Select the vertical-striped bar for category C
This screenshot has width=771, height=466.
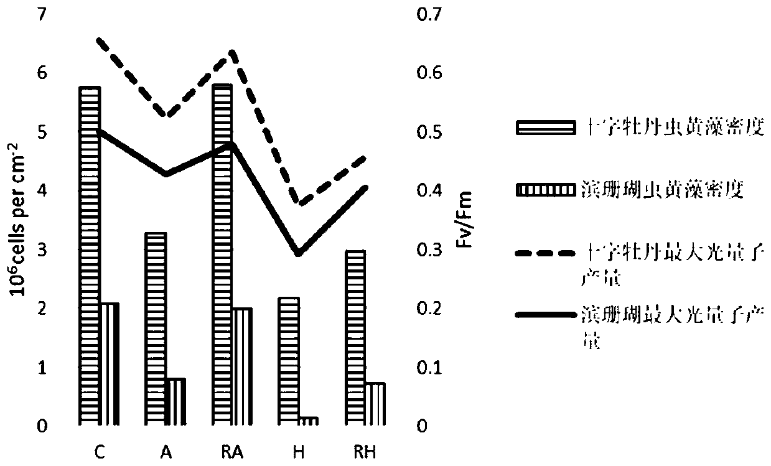tap(109, 364)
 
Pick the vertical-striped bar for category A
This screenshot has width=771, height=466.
tap(176, 402)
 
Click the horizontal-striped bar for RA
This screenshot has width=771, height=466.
tap(223, 254)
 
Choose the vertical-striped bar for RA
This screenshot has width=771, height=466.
tap(243, 366)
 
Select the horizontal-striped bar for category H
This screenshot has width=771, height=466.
tap(289, 361)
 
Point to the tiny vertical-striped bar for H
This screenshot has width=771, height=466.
tap(309, 421)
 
